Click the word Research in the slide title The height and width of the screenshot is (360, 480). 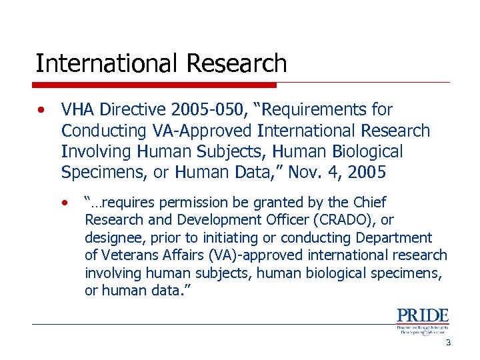click(x=237, y=64)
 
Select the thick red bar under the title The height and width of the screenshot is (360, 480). click(x=156, y=85)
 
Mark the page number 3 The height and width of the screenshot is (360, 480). click(x=448, y=343)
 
